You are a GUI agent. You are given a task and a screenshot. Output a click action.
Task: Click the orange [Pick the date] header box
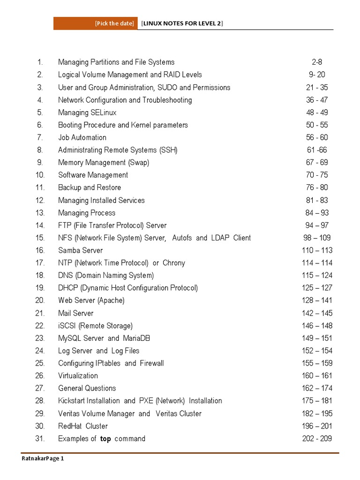[x=96, y=23]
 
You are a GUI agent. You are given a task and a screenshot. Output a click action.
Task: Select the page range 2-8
[x=317, y=62]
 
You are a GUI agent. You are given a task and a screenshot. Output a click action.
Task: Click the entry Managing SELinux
[x=87, y=112]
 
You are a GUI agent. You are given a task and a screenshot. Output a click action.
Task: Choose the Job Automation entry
[x=82, y=137]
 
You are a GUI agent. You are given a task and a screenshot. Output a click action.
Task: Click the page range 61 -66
[x=317, y=150]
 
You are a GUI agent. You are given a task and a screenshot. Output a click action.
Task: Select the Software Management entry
[x=93, y=175]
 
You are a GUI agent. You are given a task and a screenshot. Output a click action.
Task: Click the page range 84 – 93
[x=317, y=213]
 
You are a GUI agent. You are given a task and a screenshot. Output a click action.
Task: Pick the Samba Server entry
[x=80, y=250]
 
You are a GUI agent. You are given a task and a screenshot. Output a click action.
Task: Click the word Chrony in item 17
[x=173, y=263]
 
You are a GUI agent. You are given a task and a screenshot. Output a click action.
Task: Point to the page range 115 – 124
[x=317, y=276]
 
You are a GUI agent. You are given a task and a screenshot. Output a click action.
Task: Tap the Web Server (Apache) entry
[x=91, y=300]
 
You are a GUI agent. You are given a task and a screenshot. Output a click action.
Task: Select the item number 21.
[x=39, y=313]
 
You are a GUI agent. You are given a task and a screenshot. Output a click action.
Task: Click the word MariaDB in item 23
[x=137, y=338]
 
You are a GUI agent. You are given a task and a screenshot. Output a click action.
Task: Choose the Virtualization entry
[x=78, y=375]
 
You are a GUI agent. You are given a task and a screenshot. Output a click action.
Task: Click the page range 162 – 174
[x=317, y=388]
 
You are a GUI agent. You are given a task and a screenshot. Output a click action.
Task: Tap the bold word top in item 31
[x=105, y=439]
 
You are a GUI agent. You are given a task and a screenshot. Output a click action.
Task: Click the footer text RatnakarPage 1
[x=43, y=458]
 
